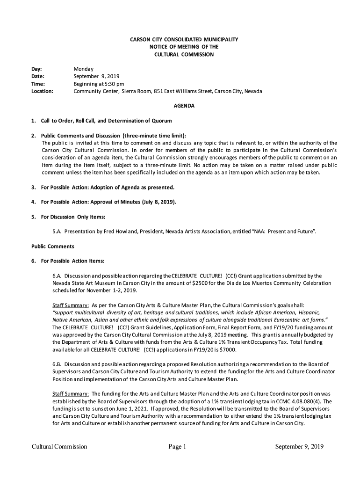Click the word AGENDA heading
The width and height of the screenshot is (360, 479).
(x=184, y=106)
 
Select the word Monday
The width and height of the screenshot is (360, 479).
(x=84, y=69)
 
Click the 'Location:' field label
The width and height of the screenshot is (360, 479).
(x=42, y=91)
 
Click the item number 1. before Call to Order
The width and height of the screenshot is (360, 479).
(x=34, y=121)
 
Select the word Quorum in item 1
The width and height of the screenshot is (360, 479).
(x=162, y=121)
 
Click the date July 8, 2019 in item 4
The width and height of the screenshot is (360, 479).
(x=158, y=202)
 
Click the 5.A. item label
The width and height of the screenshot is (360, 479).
(x=58, y=232)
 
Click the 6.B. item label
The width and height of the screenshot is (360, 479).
(x=58, y=364)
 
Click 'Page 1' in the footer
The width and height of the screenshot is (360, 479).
(x=178, y=446)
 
